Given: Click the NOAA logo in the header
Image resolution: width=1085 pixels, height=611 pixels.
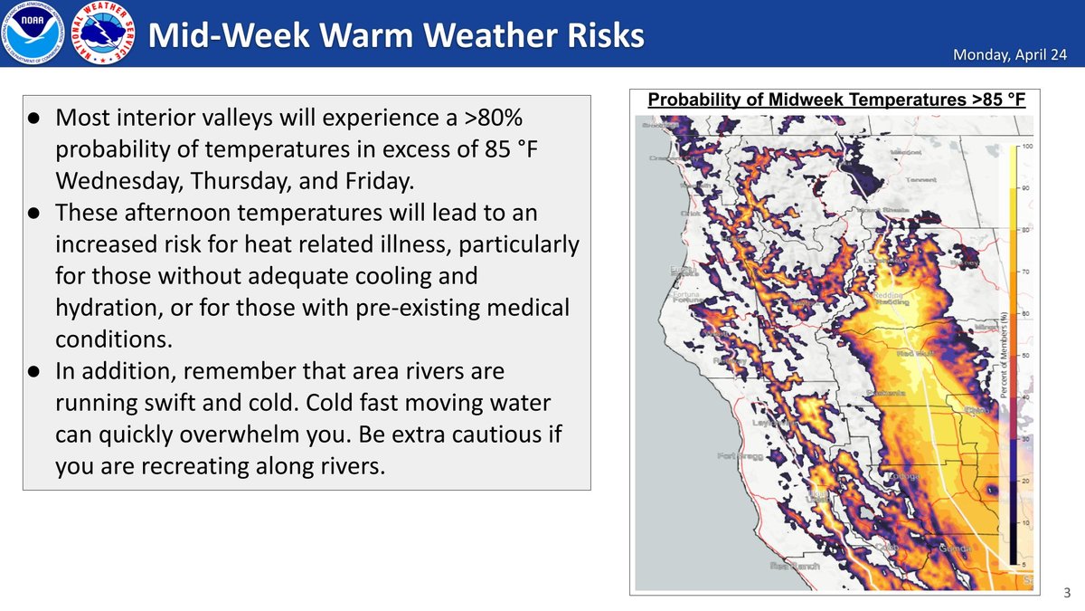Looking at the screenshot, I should (x=33, y=34).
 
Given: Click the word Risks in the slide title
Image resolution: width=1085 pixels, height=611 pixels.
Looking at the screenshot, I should (x=593, y=34).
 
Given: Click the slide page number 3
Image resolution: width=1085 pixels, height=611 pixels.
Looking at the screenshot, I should (x=1067, y=593).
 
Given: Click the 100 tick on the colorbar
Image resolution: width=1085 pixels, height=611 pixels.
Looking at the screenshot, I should (x=1026, y=146).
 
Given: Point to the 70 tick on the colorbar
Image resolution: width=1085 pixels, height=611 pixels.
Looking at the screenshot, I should (x=1026, y=272).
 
